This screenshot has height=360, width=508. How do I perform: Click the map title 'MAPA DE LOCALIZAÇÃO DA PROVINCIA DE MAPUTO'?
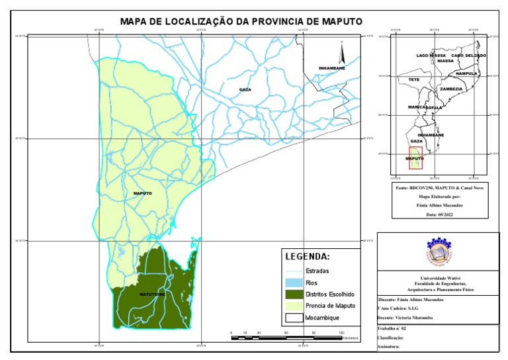[x=241, y=21]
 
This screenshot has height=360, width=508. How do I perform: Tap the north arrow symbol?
[x=343, y=52]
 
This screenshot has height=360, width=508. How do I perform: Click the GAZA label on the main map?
[x=245, y=89]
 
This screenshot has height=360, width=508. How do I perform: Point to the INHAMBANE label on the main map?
[x=331, y=68]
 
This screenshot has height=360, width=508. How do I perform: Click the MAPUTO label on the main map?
[x=142, y=193]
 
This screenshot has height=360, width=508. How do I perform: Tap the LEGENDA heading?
[x=307, y=257]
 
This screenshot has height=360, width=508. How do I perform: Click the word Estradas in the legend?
[x=317, y=271]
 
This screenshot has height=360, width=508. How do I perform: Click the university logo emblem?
[x=437, y=252]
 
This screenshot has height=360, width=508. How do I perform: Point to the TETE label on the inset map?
[x=414, y=79]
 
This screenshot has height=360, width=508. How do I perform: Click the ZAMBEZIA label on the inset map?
[x=451, y=89]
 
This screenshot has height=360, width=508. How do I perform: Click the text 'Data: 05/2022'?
[x=438, y=214]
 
